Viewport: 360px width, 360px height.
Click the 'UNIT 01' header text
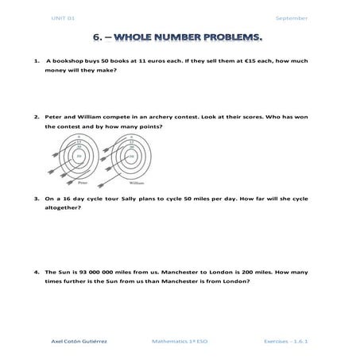pyautogui.click(x=62, y=17)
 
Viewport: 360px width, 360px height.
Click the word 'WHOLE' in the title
pyautogui.click(x=153, y=37)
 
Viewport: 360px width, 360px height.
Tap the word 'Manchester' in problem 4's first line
pyautogui.click(x=184, y=271)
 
